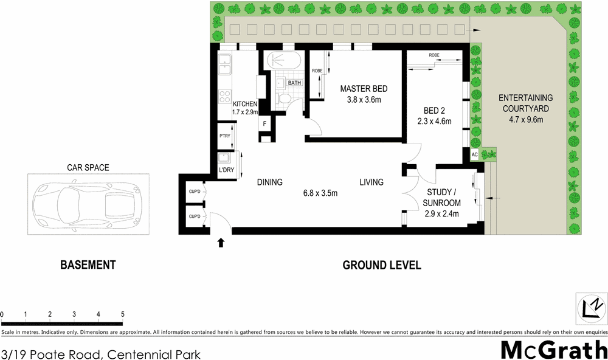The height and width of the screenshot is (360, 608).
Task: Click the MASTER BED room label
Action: pyautogui.click(x=364, y=89)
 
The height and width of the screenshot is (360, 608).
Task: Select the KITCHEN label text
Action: pyautogui.click(x=245, y=103)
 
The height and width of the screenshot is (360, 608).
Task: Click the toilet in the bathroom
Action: pyautogui.click(x=282, y=99)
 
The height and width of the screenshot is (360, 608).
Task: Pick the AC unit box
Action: pyautogui.click(x=475, y=155)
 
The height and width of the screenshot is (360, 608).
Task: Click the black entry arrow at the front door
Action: pyautogui.click(x=221, y=243)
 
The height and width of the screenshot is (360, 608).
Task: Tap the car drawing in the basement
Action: pyautogui.click(x=88, y=204)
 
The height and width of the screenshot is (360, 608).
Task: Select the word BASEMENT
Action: pyautogui.click(x=88, y=265)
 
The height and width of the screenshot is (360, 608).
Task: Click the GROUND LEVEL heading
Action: pyautogui.click(x=382, y=265)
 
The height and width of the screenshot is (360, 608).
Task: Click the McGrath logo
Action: pyautogui.click(x=553, y=350)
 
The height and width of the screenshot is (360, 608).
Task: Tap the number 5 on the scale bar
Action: pyautogui.click(x=123, y=314)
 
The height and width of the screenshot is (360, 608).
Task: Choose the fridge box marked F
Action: pyautogui.click(x=264, y=124)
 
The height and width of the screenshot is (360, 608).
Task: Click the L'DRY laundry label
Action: pyautogui.click(x=226, y=170)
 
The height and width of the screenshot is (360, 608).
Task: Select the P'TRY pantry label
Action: pyautogui.click(x=224, y=136)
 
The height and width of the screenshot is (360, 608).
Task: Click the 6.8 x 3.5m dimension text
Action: pyautogui.click(x=320, y=193)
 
